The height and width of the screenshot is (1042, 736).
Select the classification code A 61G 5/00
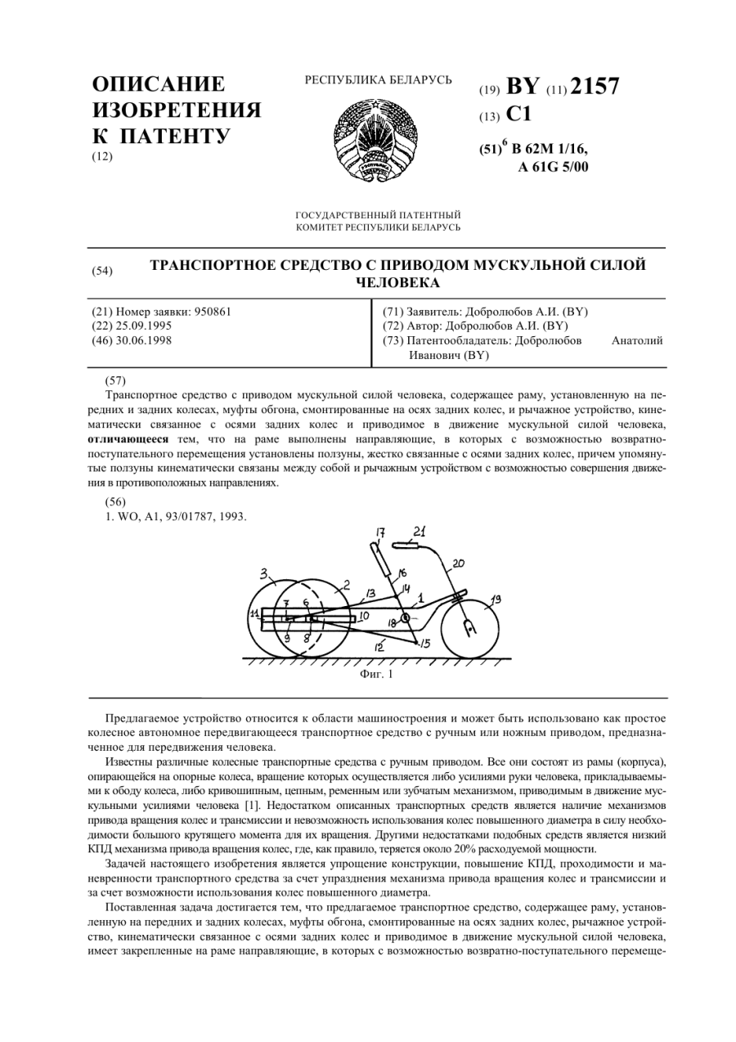553,168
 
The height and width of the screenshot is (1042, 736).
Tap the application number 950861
205,312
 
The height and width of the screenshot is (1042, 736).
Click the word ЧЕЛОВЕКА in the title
397,283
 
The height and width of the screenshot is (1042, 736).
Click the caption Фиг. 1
376,675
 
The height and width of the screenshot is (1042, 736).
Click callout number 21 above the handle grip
419,531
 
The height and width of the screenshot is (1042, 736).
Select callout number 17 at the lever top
380,533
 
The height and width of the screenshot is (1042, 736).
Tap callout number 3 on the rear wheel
264,573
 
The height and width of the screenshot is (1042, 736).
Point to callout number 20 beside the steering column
459,563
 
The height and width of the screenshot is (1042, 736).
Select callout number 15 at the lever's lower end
425,644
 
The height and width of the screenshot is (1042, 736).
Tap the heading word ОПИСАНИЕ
159,85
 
